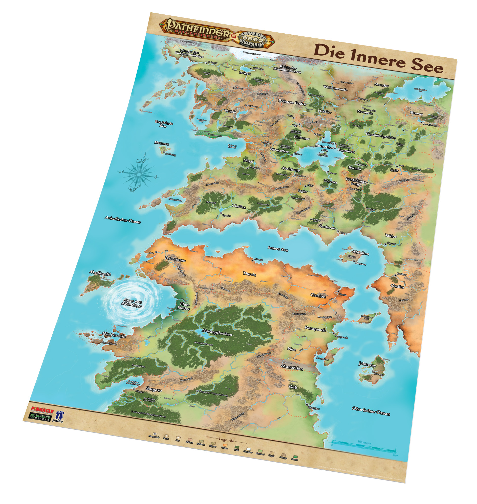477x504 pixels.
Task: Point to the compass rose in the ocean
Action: [139, 174]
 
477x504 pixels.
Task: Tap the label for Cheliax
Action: [239, 207]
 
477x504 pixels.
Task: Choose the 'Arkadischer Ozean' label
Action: [123, 220]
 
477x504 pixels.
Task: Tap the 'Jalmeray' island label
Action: [367, 364]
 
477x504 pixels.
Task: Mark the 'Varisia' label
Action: [230, 111]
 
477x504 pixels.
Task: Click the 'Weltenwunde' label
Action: [335, 88]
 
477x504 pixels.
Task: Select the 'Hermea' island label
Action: [161, 143]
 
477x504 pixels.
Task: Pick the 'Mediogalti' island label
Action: [100, 273]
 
